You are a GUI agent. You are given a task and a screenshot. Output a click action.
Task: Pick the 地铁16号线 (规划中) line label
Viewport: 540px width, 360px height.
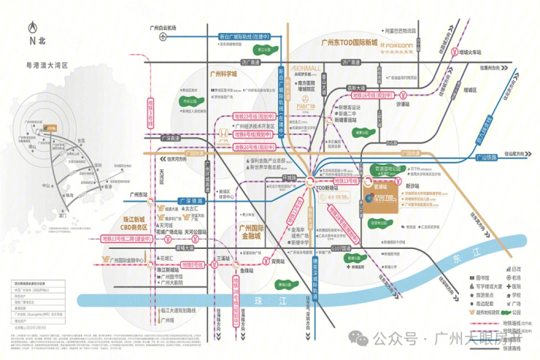(x=372, y=94)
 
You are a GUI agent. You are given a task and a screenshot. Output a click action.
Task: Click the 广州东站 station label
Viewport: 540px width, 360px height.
(x=139, y=194)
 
